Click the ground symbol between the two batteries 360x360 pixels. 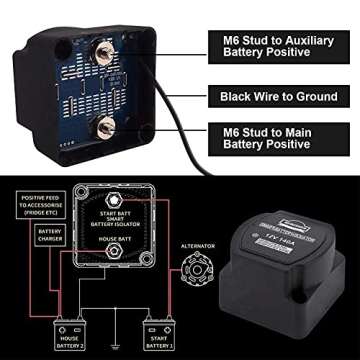[x=109, y=344]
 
